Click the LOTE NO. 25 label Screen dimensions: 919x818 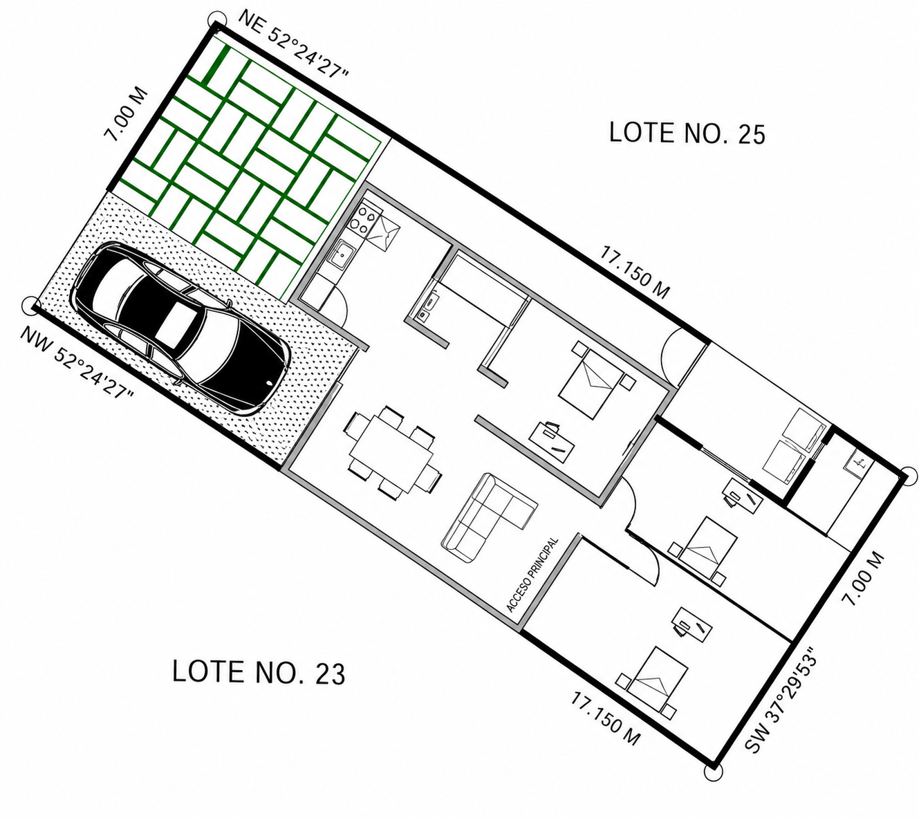[x=687, y=133]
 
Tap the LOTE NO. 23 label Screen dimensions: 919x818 [x=259, y=671]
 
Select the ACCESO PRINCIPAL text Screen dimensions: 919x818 [x=532, y=575]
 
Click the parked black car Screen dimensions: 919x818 [x=181, y=328]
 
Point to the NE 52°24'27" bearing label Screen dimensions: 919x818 [x=293, y=44]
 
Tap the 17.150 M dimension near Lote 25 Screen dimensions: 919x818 [x=634, y=272]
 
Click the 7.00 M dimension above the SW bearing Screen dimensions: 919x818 [x=863, y=579]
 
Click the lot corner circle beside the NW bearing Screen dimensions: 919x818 [x=31, y=306]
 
